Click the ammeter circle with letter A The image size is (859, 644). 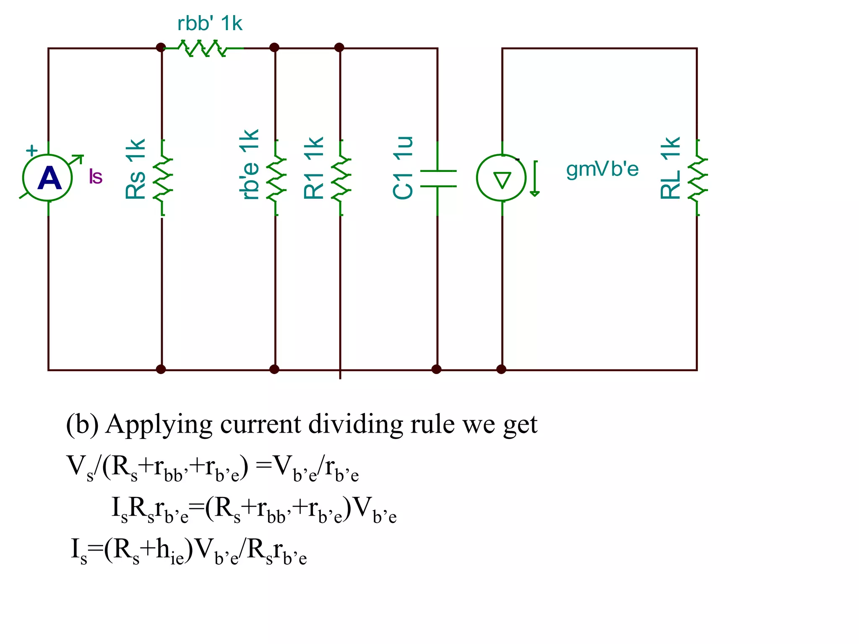(x=48, y=178)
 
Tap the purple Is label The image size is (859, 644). (x=96, y=177)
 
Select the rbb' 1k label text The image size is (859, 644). (x=210, y=23)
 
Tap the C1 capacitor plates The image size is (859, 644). (x=438, y=178)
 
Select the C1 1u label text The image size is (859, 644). (x=403, y=168)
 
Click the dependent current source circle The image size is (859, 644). (x=502, y=178)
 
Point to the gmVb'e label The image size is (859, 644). (x=602, y=169)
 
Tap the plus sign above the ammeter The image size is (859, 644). (x=32, y=150)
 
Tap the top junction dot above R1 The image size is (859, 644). (x=340, y=47)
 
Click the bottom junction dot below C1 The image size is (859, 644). (x=437, y=369)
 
